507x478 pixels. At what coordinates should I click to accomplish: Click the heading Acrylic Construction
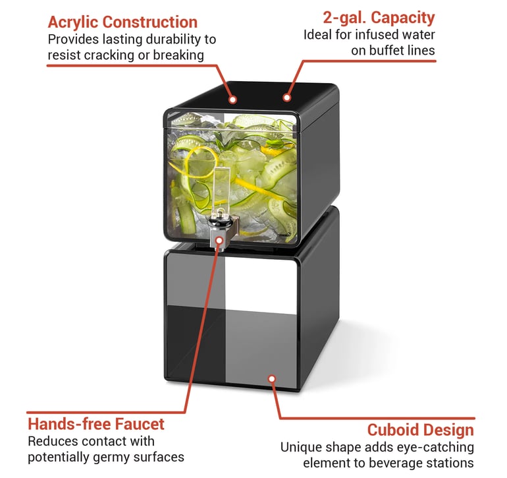click(x=122, y=22)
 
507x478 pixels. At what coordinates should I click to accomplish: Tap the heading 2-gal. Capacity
click(x=379, y=18)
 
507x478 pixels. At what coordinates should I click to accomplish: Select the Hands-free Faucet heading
click(x=96, y=424)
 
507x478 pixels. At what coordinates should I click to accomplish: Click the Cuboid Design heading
click(x=420, y=430)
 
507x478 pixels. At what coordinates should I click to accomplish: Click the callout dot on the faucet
click(x=219, y=240)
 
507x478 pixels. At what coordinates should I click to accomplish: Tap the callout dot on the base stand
click(x=272, y=378)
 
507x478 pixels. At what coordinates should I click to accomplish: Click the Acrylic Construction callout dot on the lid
click(x=232, y=100)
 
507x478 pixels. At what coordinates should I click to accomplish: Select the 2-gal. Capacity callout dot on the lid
click(x=286, y=98)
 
